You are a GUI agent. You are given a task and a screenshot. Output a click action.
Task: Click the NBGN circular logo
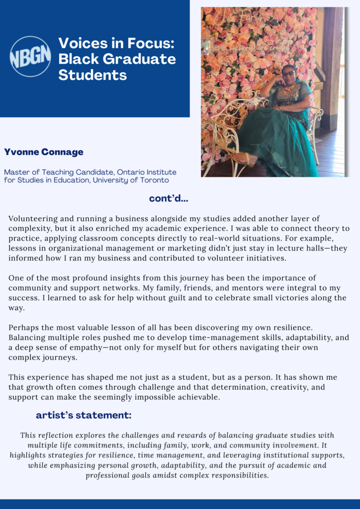coord(30,56)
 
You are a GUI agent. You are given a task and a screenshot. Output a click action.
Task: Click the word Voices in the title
coord(83,43)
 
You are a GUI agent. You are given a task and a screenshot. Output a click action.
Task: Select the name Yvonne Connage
coord(44,152)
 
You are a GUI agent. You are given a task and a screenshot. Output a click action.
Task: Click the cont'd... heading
coord(169,199)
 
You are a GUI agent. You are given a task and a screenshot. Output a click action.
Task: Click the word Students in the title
coord(92,75)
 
